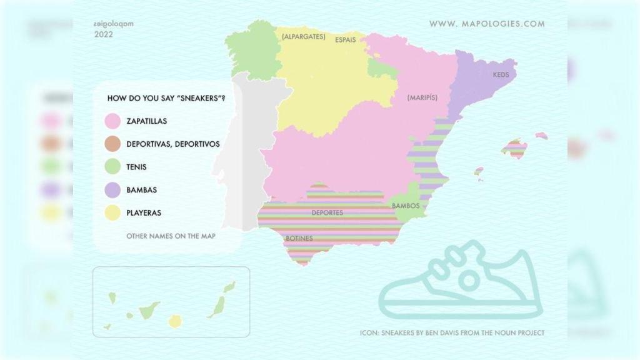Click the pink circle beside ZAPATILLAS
tap(113, 121)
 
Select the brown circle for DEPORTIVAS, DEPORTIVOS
tap(113, 144)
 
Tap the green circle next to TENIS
tap(113, 167)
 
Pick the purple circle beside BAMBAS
tap(113, 190)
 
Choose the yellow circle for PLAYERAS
tap(113, 212)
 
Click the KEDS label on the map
tap(501, 75)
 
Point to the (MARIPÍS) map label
tap(422, 97)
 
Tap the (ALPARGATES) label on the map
tap(303, 37)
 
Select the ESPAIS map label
tap(346, 39)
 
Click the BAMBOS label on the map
tap(405, 206)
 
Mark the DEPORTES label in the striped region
tap(327, 213)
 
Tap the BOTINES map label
tap(299, 238)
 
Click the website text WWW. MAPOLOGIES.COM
tap(487, 24)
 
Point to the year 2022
tap(104, 35)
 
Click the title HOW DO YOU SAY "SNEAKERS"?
tap(166, 98)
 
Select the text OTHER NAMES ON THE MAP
tap(171, 236)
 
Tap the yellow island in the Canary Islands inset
tap(175, 321)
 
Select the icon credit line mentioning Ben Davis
tap(452, 333)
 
